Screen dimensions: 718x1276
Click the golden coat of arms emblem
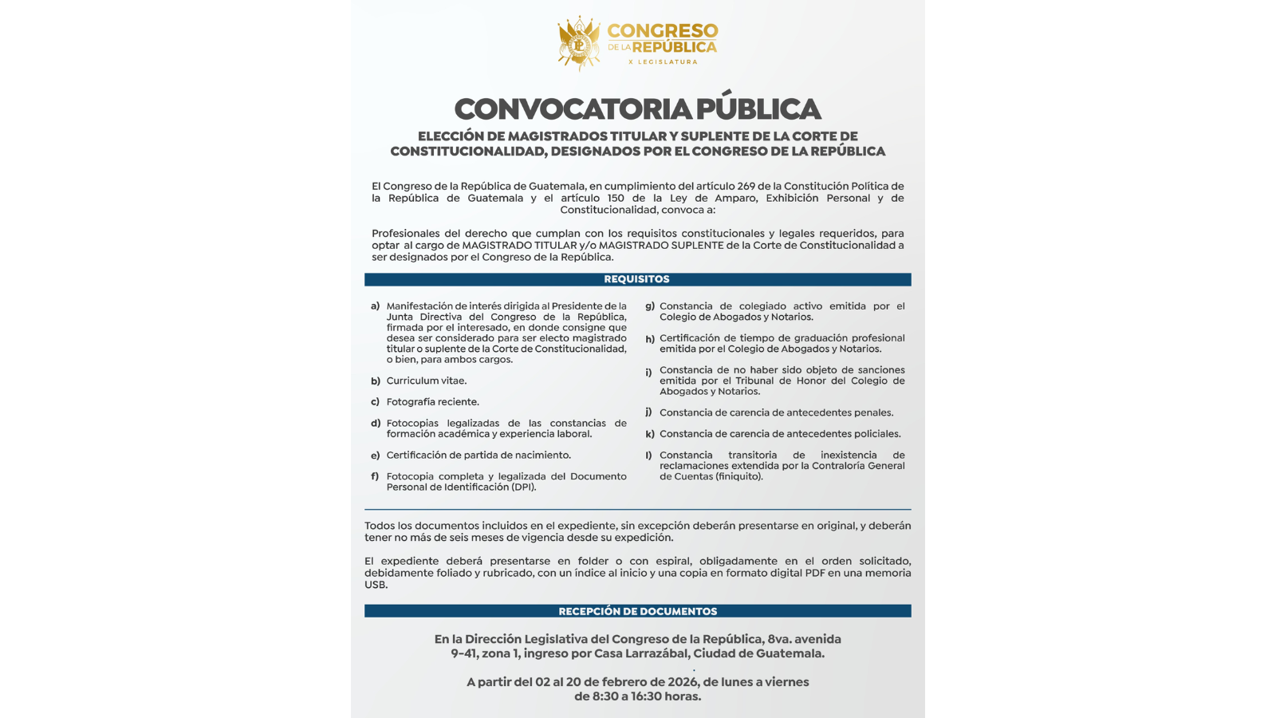[579, 44]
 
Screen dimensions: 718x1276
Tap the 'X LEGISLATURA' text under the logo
[663, 61]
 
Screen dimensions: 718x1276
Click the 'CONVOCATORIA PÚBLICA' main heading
[637, 108]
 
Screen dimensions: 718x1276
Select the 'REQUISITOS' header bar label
[636, 279]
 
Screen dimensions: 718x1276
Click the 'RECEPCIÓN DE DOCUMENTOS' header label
[637, 611]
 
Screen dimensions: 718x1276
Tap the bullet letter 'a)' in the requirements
[375, 306]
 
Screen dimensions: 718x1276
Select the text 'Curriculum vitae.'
[427, 381]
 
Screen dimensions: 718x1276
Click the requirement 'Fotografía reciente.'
[432, 402]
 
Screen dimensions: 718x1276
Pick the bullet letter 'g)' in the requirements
[650, 306]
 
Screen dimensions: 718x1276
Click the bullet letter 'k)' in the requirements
[650, 434]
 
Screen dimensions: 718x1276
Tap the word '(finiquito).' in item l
[738, 476]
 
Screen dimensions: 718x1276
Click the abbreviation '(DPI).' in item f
[523, 487]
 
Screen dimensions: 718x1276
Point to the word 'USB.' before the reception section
[376, 585]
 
